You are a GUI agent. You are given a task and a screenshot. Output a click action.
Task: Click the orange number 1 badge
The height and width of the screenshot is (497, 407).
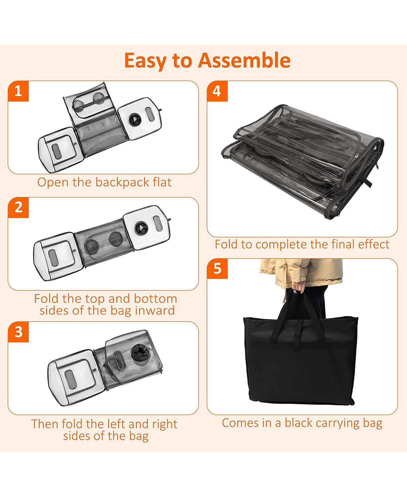tap(18, 91)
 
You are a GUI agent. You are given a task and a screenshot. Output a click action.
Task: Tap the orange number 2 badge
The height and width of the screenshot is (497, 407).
tap(18, 208)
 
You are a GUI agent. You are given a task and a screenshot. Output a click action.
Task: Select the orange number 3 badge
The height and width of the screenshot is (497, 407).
tap(18, 332)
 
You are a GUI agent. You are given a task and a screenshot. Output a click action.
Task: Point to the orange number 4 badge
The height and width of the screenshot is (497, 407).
tap(217, 91)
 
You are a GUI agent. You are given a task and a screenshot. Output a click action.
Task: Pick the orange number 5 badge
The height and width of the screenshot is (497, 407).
tap(217, 268)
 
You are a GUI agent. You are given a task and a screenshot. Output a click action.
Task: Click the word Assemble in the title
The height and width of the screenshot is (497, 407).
tap(244, 60)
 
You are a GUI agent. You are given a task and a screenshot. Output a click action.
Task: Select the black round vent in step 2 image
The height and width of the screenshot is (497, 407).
tap(141, 228)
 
